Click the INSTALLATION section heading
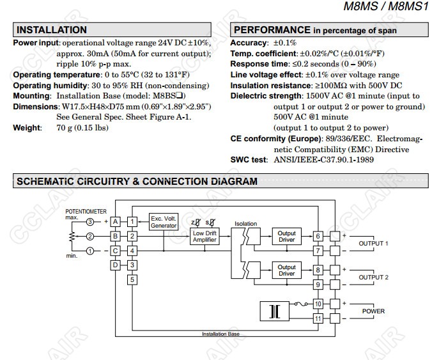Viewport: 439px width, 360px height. (52, 30)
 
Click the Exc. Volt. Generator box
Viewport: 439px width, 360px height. (164, 222)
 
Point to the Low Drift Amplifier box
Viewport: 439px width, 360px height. (205, 236)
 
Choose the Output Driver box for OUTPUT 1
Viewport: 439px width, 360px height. (286, 236)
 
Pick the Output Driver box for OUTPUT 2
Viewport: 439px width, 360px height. (286, 270)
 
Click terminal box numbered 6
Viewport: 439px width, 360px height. (318, 236)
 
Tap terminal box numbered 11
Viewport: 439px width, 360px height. (318, 318)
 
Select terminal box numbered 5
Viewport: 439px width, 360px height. (132, 279)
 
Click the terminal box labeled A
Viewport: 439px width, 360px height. (116, 221)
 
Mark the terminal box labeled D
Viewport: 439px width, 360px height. (116, 265)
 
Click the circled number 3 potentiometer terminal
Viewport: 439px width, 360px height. (91, 221)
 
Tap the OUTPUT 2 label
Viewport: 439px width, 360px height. (374, 278)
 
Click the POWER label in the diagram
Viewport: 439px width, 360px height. (374, 311)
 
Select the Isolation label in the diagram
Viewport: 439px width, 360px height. (245, 224)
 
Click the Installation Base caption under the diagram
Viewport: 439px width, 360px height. (220, 334)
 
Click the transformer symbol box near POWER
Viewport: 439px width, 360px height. (275, 311)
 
